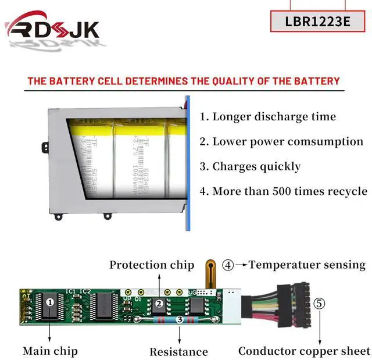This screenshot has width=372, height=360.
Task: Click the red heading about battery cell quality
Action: point(184,81)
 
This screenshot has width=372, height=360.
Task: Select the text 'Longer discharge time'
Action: point(268,116)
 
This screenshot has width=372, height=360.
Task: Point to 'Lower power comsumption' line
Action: point(281,141)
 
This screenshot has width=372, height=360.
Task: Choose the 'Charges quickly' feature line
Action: point(250,166)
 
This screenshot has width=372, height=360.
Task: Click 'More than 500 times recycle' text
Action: point(283,191)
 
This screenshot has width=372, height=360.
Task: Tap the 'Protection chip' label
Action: point(152,265)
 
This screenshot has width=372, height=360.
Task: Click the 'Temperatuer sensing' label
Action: point(307,265)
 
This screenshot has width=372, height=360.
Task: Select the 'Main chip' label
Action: point(50,351)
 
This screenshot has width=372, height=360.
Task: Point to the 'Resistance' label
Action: point(178,351)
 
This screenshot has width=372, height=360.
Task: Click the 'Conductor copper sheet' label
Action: point(304,351)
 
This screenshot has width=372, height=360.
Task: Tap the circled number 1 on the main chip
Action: point(50,302)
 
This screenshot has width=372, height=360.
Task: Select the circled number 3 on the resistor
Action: point(180,319)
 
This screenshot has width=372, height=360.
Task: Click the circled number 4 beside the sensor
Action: point(228,265)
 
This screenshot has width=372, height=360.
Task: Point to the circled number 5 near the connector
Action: point(319,303)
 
